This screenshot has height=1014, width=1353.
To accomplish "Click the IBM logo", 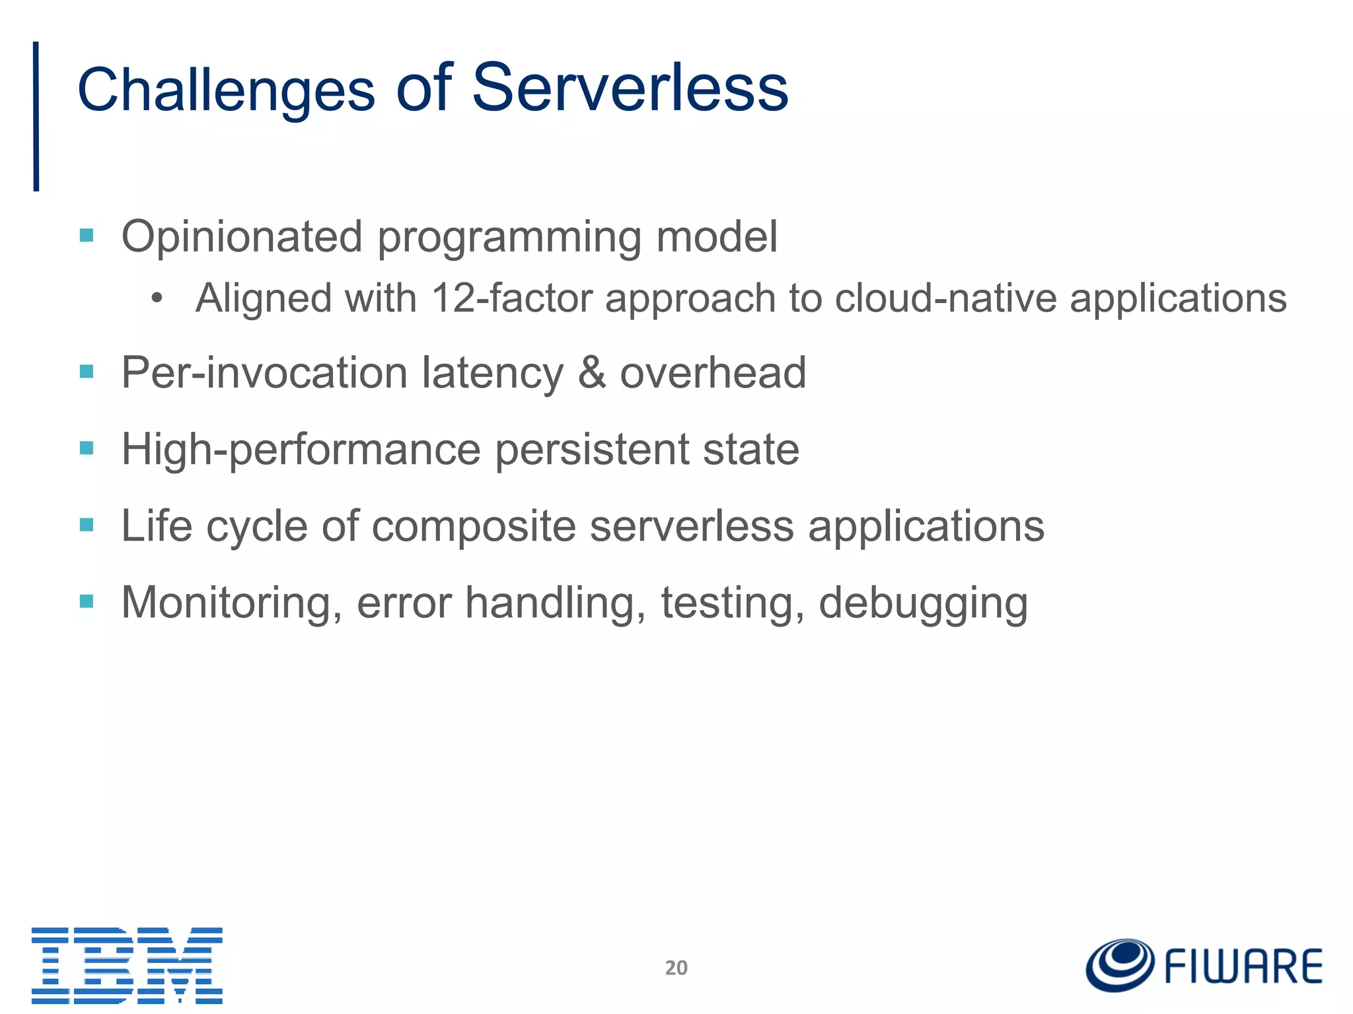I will pyautogui.click(x=127, y=965).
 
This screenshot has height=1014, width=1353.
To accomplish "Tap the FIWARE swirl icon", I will pyautogui.click(x=1120, y=965).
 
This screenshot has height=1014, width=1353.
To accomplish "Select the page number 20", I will pyautogui.click(x=676, y=968).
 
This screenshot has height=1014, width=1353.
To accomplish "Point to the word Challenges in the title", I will pyautogui.click(x=226, y=90).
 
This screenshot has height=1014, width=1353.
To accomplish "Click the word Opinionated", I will pyautogui.click(x=242, y=237).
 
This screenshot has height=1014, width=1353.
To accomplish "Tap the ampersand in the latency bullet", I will pyautogui.click(x=592, y=373).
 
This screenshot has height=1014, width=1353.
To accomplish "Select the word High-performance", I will pyautogui.click(x=301, y=450).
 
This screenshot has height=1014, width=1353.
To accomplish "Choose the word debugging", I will pyautogui.click(x=923, y=604).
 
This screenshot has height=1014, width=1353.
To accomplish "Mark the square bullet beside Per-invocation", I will pyautogui.click(x=87, y=372).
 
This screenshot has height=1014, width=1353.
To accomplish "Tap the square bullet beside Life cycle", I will pyautogui.click(x=87, y=525).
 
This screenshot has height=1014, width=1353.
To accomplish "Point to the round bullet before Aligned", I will pyautogui.click(x=157, y=299).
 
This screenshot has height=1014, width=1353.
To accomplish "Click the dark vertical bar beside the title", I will pyautogui.click(x=36, y=116).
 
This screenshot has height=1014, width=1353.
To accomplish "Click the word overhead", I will pyautogui.click(x=713, y=373).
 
